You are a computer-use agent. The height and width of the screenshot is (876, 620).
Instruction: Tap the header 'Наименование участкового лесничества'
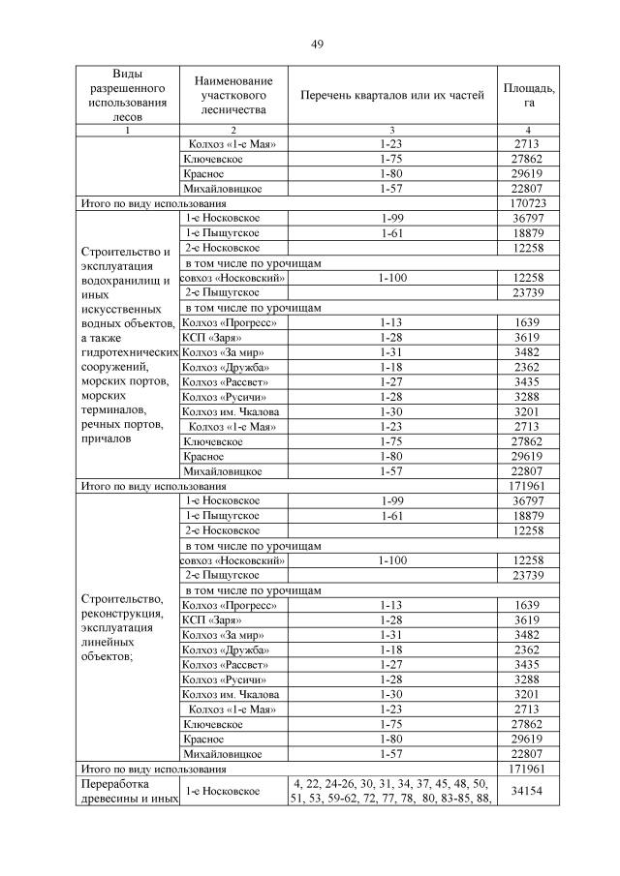coord(232,95)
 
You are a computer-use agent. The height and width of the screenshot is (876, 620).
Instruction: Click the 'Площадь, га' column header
coord(529,95)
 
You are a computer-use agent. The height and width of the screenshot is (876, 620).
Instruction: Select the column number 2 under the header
coord(232,130)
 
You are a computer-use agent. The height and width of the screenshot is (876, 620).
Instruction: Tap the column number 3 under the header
coord(391,130)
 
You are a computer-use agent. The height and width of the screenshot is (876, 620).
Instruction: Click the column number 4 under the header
coord(529,130)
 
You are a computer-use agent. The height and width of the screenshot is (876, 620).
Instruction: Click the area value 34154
coord(529,791)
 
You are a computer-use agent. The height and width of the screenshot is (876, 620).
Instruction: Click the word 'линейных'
coord(108,641)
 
